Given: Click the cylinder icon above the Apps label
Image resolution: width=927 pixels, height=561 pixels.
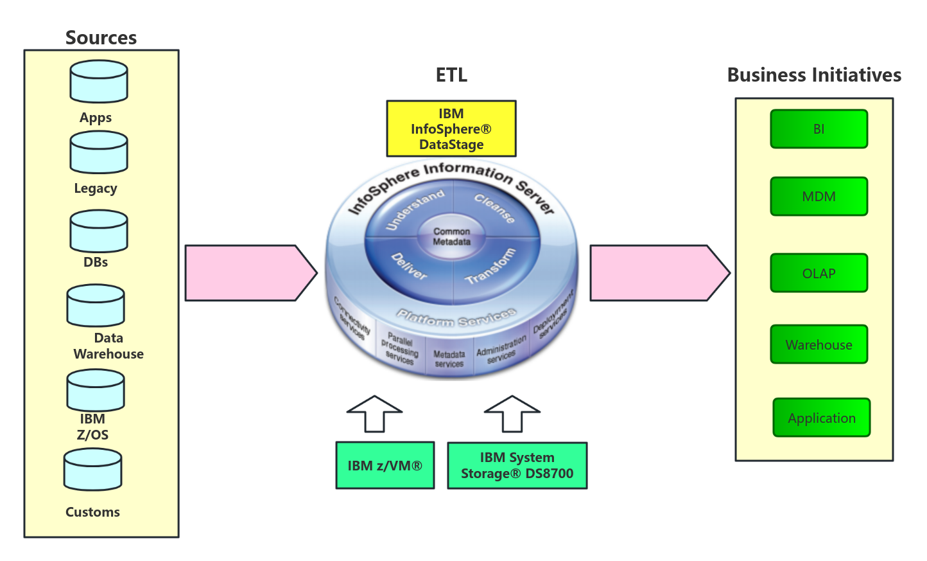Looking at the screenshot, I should click(x=99, y=82).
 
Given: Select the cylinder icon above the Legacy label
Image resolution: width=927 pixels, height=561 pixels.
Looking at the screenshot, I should click(x=99, y=152).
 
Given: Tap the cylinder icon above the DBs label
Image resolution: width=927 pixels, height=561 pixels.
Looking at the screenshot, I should click(x=99, y=231).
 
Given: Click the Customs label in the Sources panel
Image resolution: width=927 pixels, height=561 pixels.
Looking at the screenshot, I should click(x=92, y=512).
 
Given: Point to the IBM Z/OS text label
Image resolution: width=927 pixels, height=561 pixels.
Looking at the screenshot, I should click(x=92, y=427).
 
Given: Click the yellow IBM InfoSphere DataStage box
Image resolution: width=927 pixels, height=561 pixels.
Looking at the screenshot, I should click(x=451, y=129).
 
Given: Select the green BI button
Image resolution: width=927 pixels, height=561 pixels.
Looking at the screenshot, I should click(x=819, y=129).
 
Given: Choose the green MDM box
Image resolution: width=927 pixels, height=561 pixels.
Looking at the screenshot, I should click(x=819, y=197).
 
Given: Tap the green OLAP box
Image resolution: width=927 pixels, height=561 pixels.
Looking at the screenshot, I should click(x=819, y=273).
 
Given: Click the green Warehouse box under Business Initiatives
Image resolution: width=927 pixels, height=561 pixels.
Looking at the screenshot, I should click(x=819, y=344).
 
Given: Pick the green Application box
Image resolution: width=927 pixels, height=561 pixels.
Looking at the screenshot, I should click(x=822, y=418).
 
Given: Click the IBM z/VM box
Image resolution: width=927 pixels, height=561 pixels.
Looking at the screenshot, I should click(x=385, y=465).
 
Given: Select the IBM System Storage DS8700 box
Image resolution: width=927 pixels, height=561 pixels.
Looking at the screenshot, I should click(x=517, y=465).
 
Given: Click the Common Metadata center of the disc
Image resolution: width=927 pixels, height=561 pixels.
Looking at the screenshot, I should click(x=451, y=236).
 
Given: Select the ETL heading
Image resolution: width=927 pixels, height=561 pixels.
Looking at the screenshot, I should click(x=451, y=75).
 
